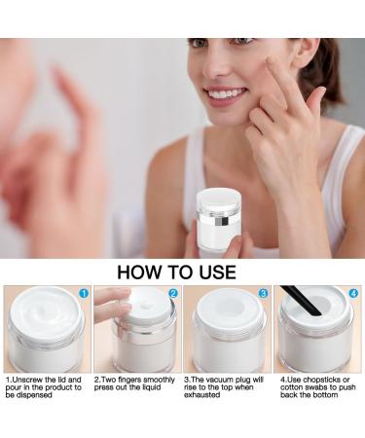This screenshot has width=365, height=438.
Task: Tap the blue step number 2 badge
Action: coord(172,293)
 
